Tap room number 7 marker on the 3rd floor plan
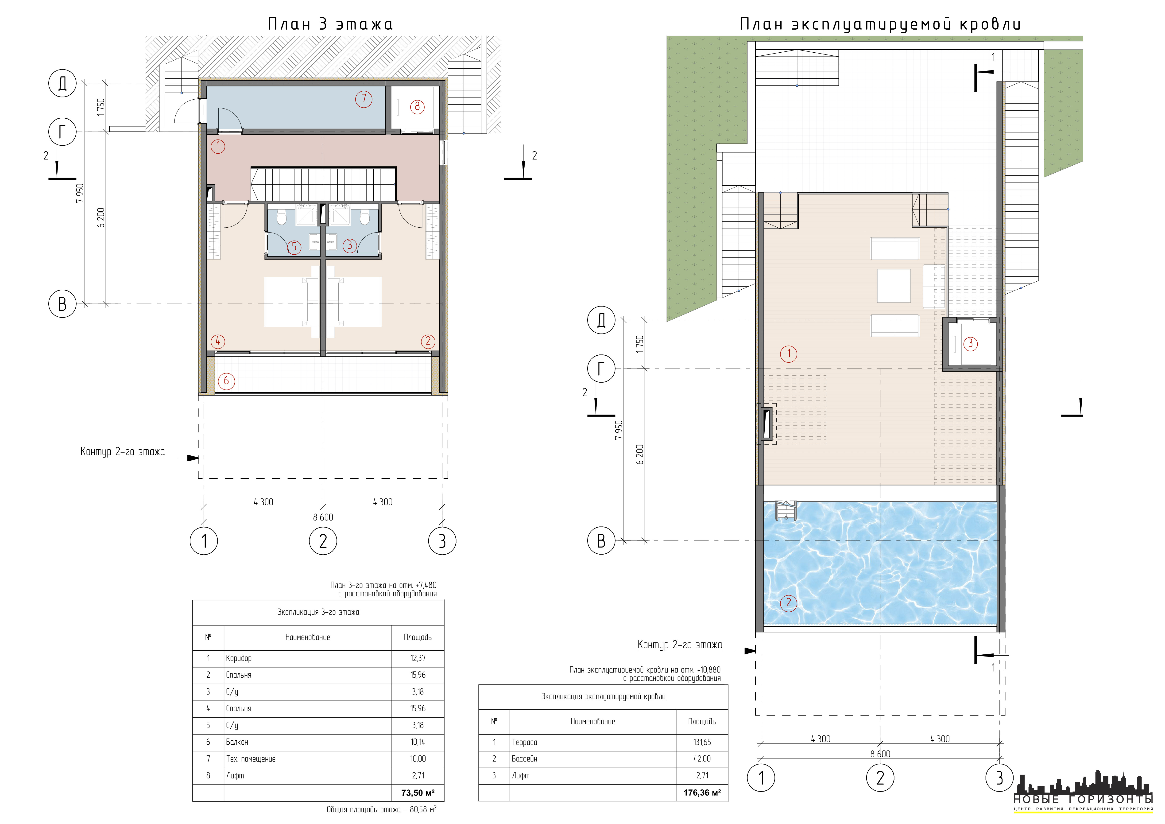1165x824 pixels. pos(363,99)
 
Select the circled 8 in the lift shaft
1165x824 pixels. pos(417,107)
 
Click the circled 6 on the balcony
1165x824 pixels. pos(226,381)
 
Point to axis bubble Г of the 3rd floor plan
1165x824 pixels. pos(62,132)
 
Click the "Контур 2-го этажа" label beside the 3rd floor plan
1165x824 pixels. pos(123,451)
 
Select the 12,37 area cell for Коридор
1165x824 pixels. pos(418,658)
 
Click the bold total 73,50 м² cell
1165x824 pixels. pos(418,793)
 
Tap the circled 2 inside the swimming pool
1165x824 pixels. pos(789,603)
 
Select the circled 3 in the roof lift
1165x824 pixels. pos(970,343)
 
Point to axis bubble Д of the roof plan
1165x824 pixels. pos(601,320)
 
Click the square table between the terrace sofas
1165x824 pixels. pos(894,286)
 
